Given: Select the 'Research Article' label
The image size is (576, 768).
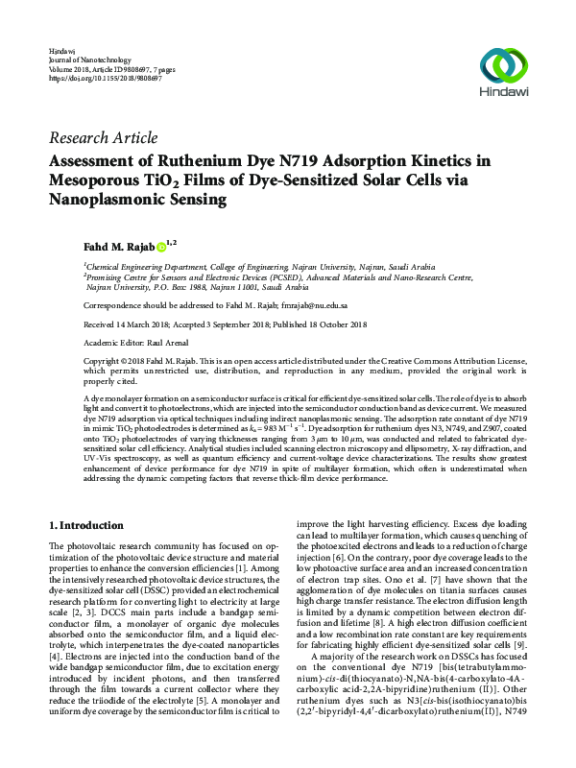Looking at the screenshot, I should click(x=103, y=137).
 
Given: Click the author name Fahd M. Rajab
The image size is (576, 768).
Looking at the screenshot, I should click(x=118, y=247).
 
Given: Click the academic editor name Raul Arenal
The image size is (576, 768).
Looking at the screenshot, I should click(x=170, y=341).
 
